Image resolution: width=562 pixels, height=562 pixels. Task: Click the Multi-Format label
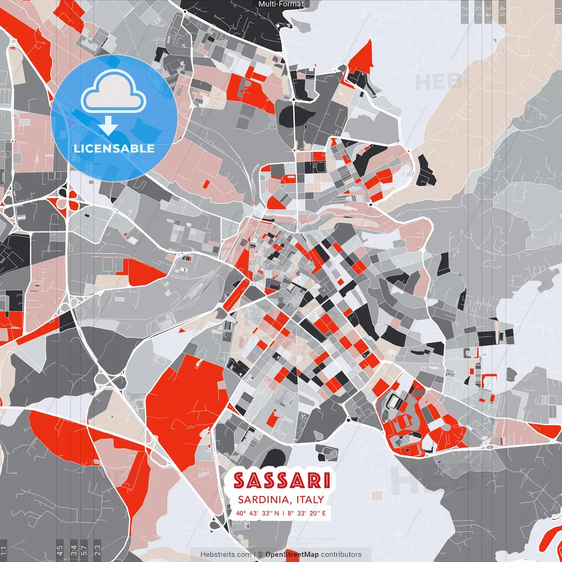(x=281, y=4)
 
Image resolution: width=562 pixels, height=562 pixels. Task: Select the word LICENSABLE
(x=114, y=148)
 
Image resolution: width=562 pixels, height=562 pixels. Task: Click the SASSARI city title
(x=281, y=481)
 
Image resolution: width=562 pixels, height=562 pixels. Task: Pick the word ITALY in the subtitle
(x=310, y=500)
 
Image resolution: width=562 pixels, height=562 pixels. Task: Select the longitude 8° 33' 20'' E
(x=306, y=513)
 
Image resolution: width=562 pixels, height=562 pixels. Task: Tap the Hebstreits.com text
(x=226, y=555)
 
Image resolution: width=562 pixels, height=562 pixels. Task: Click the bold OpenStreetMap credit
(x=292, y=555)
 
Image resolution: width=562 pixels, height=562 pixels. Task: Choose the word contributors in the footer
(x=341, y=555)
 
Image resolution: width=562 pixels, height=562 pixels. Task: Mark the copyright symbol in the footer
(x=260, y=555)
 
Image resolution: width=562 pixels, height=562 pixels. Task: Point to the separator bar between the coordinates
(x=283, y=513)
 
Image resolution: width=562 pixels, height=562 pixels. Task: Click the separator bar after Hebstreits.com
(x=255, y=555)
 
